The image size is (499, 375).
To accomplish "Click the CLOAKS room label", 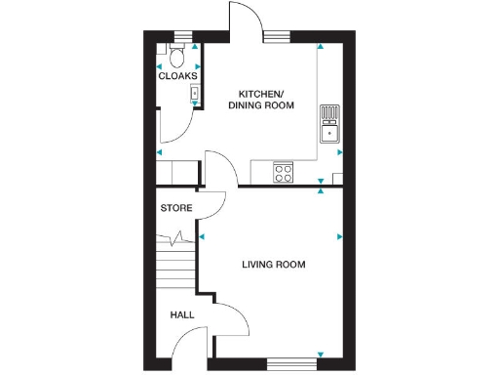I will point(178,75).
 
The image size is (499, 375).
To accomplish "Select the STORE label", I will point(176,208).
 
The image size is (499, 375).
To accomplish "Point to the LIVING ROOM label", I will point(274,264).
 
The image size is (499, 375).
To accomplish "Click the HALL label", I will point(182,315).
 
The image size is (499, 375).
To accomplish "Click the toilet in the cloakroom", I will point(178,50).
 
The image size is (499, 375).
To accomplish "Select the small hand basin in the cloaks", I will point(194,95).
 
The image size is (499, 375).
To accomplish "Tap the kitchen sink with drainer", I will point(329,124).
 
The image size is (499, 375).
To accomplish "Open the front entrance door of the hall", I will point(191,342).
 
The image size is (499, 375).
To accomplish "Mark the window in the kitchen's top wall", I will point(277,38).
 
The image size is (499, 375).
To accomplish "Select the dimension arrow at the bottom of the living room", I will point(320,354).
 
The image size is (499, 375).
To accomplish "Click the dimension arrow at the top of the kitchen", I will point(320,47).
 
